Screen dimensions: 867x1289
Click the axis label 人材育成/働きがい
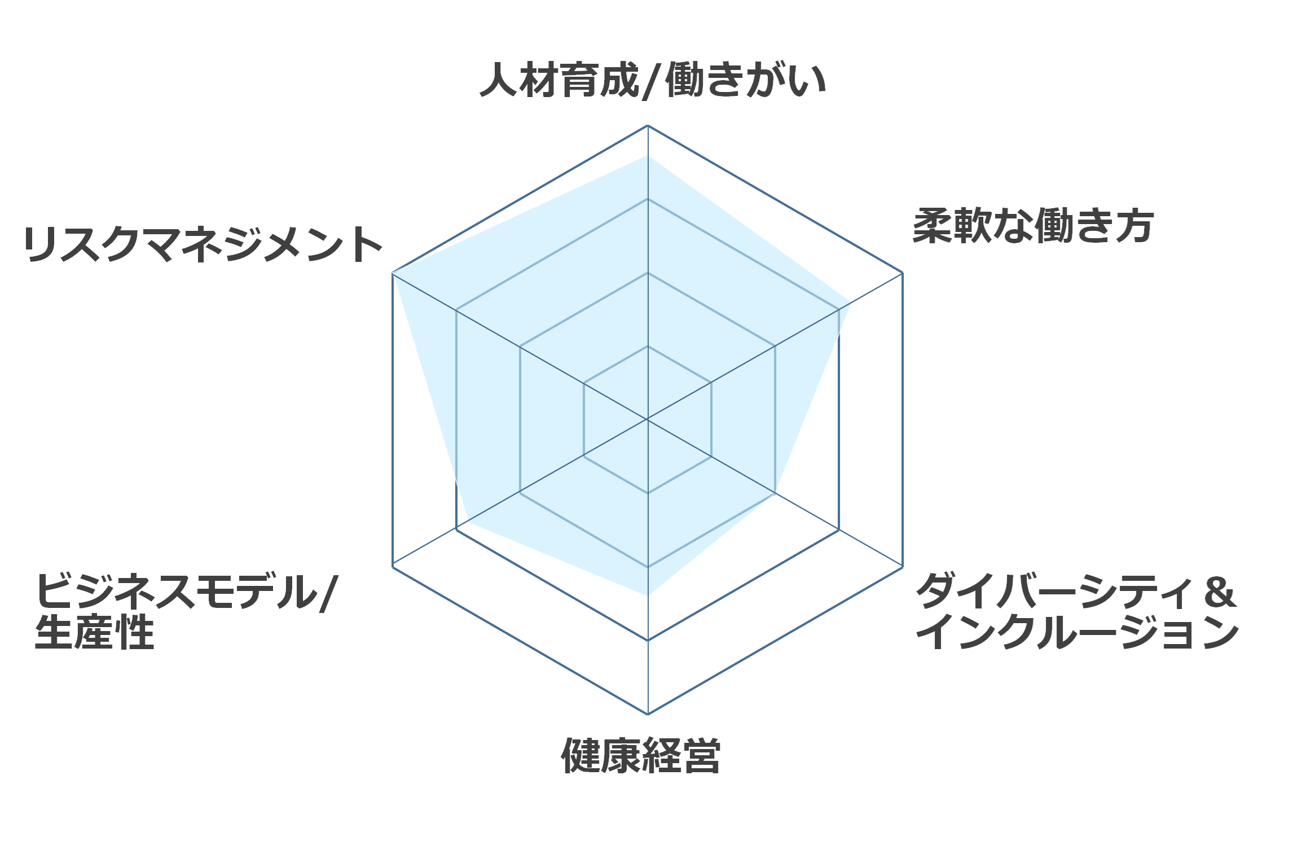[653, 81]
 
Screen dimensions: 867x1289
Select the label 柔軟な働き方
[1033, 226]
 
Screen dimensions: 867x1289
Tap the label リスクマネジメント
[203, 244]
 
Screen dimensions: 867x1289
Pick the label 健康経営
[641, 755]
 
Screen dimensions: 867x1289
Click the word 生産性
[95, 632]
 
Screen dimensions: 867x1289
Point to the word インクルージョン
[1077, 632]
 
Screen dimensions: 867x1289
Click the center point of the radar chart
[648, 419]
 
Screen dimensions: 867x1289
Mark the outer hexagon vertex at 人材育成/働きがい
[648, 125]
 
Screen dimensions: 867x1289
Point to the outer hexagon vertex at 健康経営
[648, 714]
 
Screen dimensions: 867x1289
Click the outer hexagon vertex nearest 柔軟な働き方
[903, 273]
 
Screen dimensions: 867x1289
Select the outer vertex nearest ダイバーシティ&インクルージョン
[903, 566]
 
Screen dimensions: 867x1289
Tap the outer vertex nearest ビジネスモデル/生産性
[393, 566]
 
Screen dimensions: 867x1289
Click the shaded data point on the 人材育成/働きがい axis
[648, 156]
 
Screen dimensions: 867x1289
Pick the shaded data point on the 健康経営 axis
[648, 595]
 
